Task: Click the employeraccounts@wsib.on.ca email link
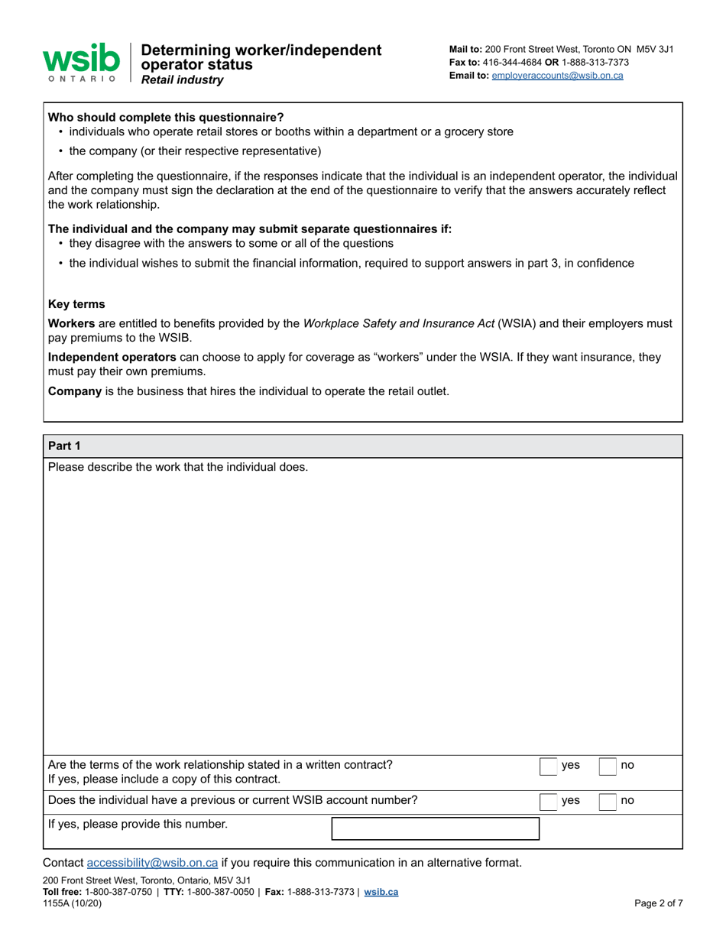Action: (x=557, y=76)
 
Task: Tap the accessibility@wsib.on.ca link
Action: (x=153, y=863)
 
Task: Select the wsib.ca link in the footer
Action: (x=381, y=892)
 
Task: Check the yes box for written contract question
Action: (x=548, y=766)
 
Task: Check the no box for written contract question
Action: (x=607, y=766)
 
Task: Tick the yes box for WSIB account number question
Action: (x=548, y=801)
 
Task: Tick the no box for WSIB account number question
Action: (x=607, y=801)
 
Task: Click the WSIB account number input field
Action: (x=435, y=828)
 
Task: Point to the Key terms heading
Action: (x=76, y=303)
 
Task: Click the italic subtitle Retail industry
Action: (x=183, y=79)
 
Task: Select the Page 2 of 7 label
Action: (x=658, y=903)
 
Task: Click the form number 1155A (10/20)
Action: (x=73, y=903)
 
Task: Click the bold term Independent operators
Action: (x=112, y=357)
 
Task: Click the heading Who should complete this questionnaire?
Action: (x=166, y=117)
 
